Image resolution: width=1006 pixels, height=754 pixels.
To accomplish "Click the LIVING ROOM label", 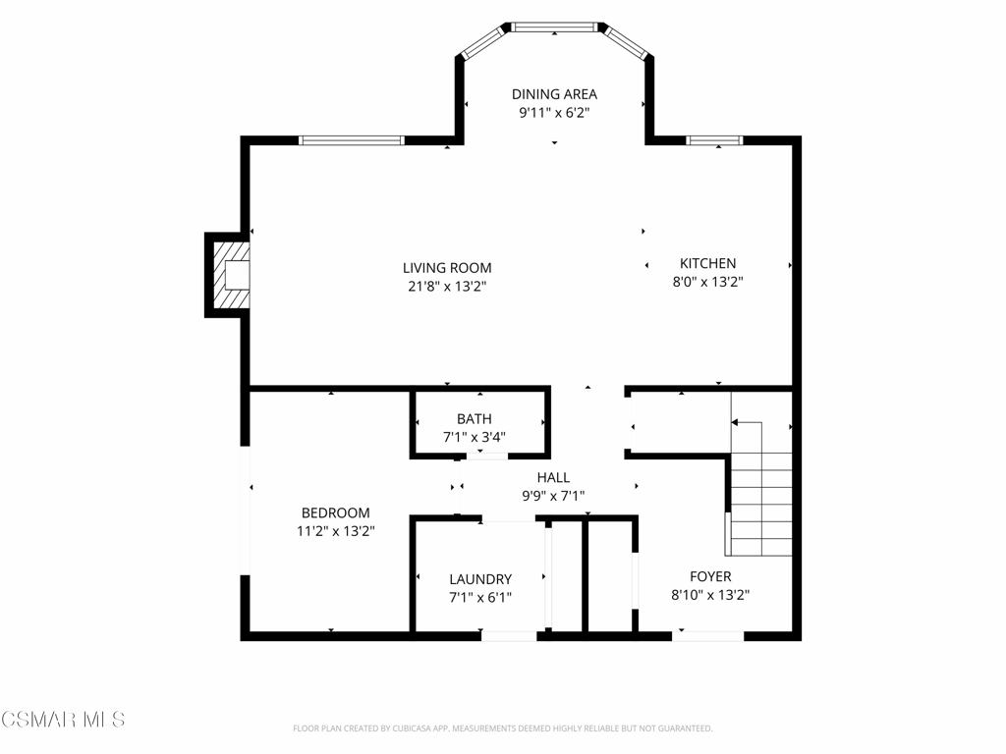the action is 447,268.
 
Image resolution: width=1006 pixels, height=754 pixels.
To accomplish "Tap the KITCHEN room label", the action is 707,263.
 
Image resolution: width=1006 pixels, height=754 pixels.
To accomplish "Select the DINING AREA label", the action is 554,94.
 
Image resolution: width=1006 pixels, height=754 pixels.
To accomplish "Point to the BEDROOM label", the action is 336,512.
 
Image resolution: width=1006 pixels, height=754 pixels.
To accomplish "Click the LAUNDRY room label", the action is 480,579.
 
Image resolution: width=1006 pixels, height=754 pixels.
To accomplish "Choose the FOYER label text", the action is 710,576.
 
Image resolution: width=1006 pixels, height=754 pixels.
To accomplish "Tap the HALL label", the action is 553,478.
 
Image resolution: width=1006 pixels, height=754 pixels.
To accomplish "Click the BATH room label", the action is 475,419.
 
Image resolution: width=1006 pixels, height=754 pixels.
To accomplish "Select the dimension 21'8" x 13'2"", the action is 447,286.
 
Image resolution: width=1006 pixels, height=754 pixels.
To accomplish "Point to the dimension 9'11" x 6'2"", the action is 554,113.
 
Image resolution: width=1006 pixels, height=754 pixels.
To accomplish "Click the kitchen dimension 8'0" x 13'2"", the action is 707,282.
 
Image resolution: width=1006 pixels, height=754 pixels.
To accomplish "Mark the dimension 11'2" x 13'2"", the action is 336,531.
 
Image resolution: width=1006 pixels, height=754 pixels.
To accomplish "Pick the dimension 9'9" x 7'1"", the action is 553,496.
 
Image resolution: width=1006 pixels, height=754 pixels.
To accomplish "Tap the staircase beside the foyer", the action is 759,473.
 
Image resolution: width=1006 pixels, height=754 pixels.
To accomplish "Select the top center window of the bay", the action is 554,27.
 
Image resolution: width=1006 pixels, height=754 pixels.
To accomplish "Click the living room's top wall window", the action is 352,140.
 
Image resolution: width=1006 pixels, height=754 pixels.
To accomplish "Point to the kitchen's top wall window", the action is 714,140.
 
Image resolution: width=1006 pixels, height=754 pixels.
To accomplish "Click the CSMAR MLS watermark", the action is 63,720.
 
